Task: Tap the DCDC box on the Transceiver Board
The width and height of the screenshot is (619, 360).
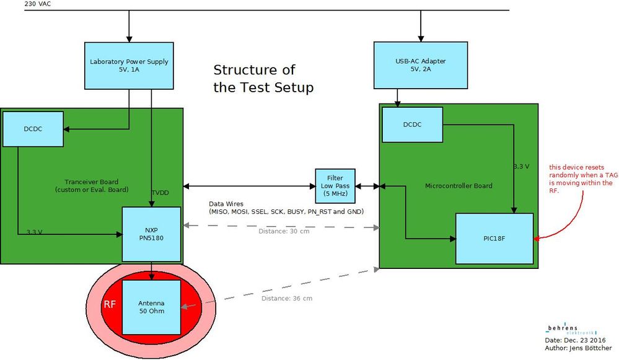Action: click(x=33, y=129)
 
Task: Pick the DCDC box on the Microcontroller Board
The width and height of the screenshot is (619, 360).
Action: click(x=412, y=124)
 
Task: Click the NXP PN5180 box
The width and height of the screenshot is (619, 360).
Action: click(x=151, y=234)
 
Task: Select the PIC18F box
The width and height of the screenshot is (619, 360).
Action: click(x=494, y=239)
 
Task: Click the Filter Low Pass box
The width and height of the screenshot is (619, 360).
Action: click(x=336, y=185)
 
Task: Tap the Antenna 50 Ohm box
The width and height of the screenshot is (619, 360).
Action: click(x=151, y=307)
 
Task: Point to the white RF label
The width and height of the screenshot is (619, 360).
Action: click(x=109, y=305)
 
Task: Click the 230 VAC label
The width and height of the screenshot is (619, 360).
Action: click(x=38, y=4)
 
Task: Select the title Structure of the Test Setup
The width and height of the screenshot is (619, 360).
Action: click(x=263, y=78)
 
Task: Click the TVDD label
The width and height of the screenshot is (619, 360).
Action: click(x=160, y=193)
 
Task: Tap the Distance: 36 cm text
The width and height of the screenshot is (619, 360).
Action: click(x=286, y=299)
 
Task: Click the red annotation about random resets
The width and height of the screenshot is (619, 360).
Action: click(x=581, y=178)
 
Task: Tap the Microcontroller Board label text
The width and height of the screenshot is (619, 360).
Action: click(x=458, y=185)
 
